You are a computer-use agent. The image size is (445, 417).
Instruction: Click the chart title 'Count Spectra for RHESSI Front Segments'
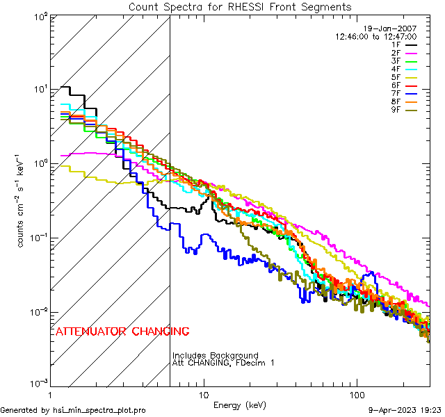pyautogui.click(x=240, y=6)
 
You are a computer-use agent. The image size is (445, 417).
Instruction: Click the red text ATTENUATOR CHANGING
pyautogui.click(x=122, y=332)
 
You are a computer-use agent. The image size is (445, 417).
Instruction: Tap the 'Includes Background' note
pyautogui.click(x=216, y=356)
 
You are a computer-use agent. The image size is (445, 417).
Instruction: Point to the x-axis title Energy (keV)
pyautogui.click(x=239, y=404)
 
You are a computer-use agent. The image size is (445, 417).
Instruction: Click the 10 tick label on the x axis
pyautogui.click(x=203, y=393)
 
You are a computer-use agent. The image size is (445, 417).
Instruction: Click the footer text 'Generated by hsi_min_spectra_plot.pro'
pyautogui.click(x=73, y=411)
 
